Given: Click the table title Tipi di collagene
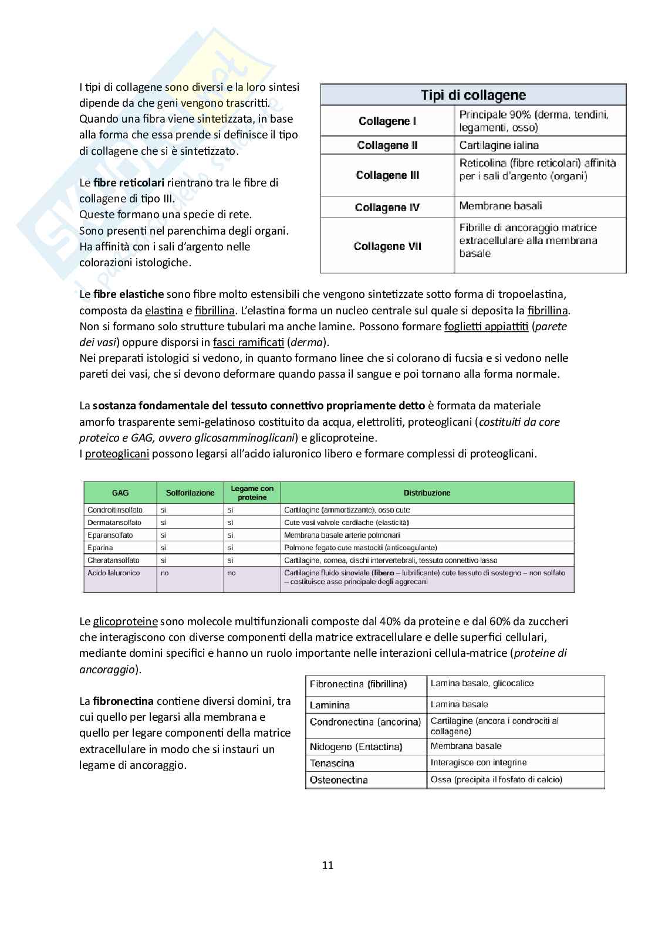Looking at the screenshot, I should click(473, 95).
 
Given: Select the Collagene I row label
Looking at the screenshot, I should click(387, 121).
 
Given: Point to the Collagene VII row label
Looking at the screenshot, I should click(387, 246).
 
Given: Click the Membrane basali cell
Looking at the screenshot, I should click(500, 206).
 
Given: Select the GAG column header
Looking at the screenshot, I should click(120, 493).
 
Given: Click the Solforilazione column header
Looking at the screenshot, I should click(190, 493).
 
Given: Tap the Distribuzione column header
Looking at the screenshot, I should click(427, 493).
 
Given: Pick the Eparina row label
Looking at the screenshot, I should click(102, 548).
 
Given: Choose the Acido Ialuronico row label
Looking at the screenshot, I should click(113, 573).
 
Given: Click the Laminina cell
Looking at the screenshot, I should click(329, 705).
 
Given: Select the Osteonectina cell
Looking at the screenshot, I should click(339, 780).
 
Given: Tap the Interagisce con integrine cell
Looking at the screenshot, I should click(478, 763).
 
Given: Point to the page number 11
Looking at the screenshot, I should click(327, 865).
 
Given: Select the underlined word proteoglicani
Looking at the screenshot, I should click(117, 454).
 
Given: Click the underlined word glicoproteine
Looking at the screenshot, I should click(125, 622).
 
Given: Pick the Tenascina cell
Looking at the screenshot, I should click(332, 764).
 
